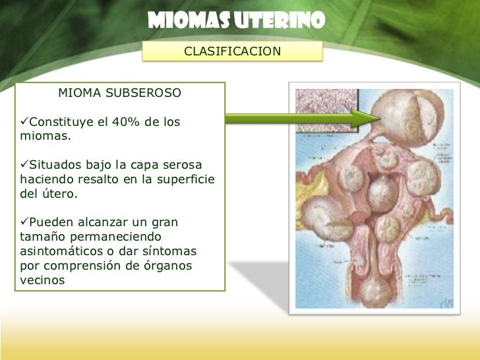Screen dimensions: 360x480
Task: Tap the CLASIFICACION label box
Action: [232, 51]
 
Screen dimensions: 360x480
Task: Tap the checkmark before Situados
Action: [24, 164]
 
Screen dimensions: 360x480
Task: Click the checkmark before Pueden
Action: [24, 222]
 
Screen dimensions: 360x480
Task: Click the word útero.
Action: [61, 195]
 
